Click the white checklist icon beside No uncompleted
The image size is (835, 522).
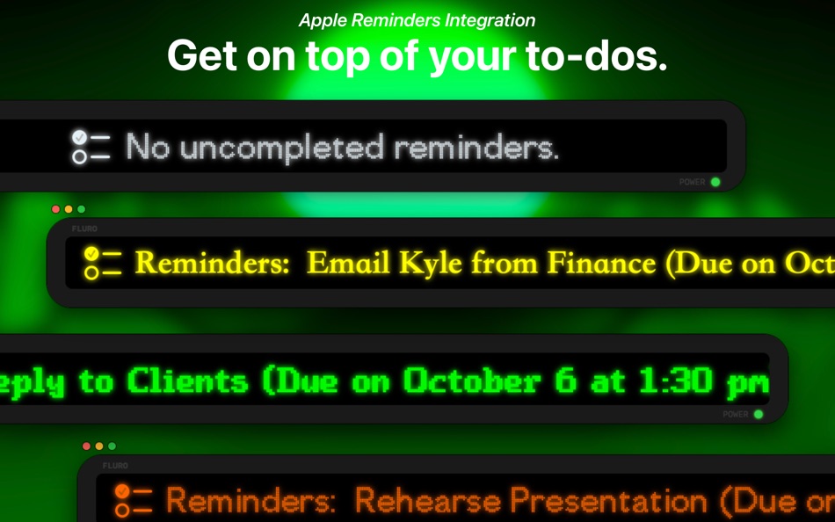(x=91, y=147)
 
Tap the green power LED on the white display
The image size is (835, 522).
(x=715, y=182)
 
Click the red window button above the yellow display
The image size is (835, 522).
(x=56, y=209)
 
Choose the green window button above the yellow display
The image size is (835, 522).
(x=82, y=209)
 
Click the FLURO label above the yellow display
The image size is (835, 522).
(x=84, y=228)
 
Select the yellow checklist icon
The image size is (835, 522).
(x=102, y=263)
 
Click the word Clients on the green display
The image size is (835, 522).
(x=187, y=381)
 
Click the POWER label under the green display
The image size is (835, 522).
(x=735, y=414)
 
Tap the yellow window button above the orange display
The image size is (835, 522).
(x=99, y=446)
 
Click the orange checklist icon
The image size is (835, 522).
(x=134, y=500)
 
